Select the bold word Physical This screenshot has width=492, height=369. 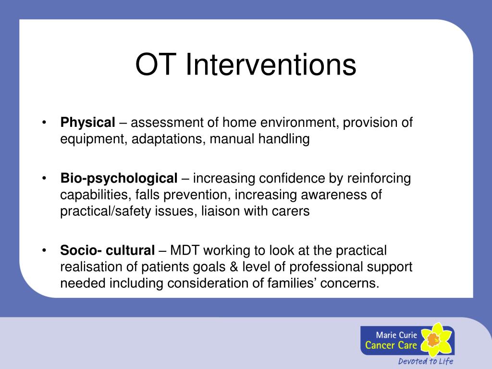tap(88, 123)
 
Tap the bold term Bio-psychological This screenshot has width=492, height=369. tap(119, 179)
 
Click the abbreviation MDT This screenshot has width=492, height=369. tap(186, 250)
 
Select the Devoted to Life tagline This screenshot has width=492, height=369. tap(425, 361)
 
